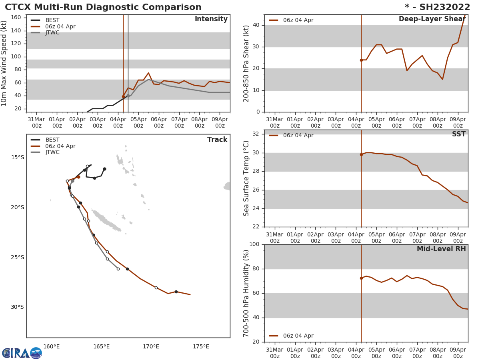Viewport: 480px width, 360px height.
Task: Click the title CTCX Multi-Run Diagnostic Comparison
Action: point(103,7)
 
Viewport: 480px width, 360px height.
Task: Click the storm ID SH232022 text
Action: point(438,7)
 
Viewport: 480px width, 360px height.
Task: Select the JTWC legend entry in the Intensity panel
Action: point(52,33)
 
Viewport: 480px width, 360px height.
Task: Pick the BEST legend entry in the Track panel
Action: point(52,140)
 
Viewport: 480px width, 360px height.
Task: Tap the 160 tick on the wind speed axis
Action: point(16,18)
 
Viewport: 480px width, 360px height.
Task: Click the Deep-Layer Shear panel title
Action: point(432,19)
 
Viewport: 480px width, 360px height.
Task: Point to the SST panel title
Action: point(459,134)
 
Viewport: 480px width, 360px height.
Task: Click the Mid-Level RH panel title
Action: point(441,249)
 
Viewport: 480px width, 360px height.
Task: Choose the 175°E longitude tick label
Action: point(201,347)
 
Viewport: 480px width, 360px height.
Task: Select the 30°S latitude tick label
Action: point(17,307)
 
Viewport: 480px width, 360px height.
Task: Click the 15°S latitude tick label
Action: point(17,158)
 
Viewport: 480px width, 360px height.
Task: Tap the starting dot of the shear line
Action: point(361,60)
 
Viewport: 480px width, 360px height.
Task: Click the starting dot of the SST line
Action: point(361,154)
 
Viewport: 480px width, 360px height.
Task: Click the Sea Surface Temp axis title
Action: point(247,178)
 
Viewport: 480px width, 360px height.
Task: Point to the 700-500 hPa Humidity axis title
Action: point(247,293)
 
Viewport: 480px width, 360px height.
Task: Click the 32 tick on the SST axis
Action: point(256,134)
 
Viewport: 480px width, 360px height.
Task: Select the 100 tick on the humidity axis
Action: point(254,244)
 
